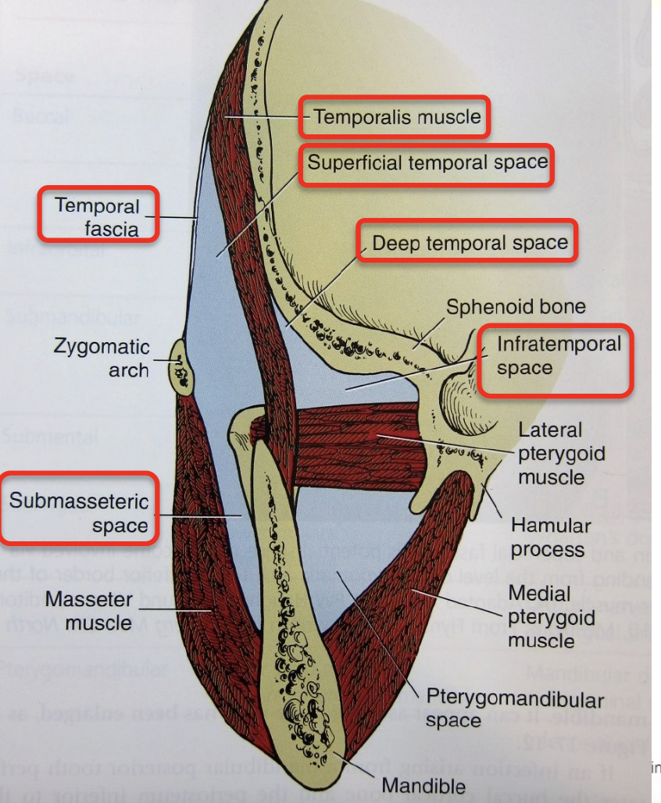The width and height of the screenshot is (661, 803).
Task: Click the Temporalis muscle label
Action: coord(397,117)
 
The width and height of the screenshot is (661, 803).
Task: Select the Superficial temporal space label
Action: coord(427,163)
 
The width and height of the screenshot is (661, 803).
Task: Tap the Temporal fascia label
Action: coord(98,217)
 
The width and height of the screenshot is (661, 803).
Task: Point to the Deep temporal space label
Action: coord(470,243)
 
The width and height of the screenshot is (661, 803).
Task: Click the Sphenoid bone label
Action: coord(516,306)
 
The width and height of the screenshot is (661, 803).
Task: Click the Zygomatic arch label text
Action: coord(103,358)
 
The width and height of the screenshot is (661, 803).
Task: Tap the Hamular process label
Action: coord(550,537)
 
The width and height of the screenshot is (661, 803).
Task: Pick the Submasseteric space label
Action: coord(80,512)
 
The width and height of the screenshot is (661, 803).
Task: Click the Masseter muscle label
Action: coord(88,612)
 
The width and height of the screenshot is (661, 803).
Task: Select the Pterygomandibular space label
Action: coord(514,708)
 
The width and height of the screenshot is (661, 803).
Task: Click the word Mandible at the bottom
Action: coord(423,785)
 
